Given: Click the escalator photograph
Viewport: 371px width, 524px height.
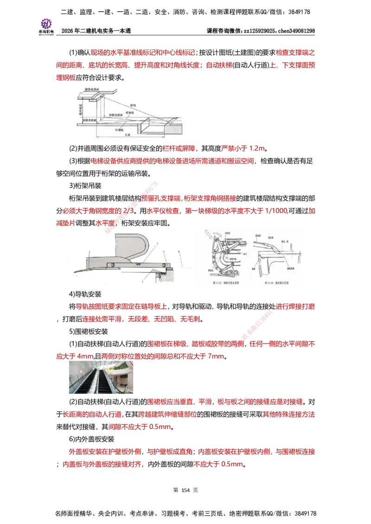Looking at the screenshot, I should [100, 377].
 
